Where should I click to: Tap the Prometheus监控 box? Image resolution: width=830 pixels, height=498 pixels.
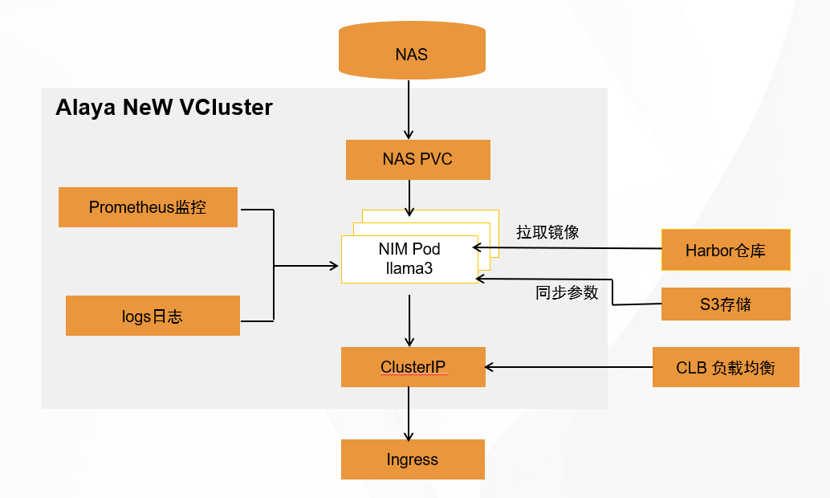point(148,207)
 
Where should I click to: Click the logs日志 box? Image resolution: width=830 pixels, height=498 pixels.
point(153,316)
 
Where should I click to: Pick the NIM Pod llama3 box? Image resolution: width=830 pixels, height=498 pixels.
point(409,259)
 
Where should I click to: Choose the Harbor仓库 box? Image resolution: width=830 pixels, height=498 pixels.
point(726,250)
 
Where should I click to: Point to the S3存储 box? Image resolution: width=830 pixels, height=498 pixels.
point(726,304)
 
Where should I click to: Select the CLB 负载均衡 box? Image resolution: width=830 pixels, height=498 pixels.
point(726,368)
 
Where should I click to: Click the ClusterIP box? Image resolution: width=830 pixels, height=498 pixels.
point(413,368)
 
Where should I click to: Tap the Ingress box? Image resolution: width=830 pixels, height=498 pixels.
point(413,459)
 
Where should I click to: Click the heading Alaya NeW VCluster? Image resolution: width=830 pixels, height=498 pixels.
point(164,108)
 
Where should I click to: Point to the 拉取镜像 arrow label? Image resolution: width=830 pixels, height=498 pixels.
point(547,233)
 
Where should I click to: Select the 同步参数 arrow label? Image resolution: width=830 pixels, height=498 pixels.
point(567,292)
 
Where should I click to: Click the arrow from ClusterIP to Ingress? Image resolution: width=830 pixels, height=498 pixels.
point(409,413)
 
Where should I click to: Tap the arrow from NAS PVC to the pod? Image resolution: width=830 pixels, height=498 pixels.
point(409,198)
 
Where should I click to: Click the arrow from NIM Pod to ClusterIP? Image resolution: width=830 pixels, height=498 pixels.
point(410,320)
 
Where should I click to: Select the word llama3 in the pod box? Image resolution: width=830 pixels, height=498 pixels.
point(409,268)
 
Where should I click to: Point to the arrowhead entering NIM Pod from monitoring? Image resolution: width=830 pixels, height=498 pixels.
point(334,265)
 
